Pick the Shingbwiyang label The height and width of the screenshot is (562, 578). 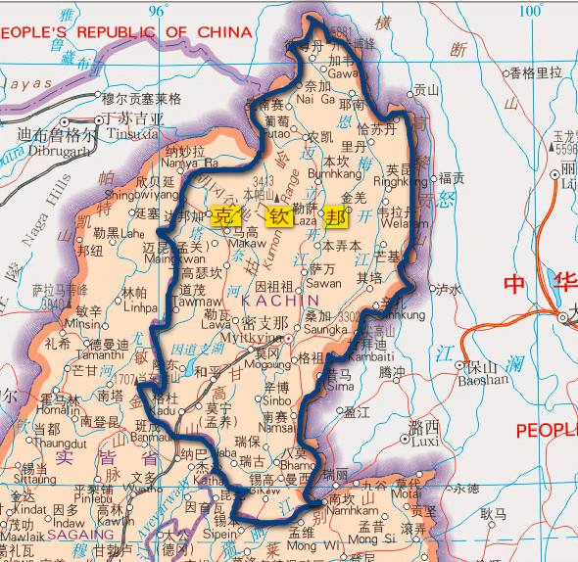tap(140, 196)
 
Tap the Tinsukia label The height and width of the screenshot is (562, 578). tap(134, 133)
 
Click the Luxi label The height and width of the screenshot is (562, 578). tap(427, 442)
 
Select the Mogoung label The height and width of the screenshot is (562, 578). tap(262, 363)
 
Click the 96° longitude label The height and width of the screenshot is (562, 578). tap(158, 10)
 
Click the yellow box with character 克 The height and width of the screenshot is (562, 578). tap(225, 217)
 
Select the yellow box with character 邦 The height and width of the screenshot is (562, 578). tap(337, 216)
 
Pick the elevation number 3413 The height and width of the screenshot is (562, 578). tap(263, 181)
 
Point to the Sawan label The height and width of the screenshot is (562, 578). tap(325, 282)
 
